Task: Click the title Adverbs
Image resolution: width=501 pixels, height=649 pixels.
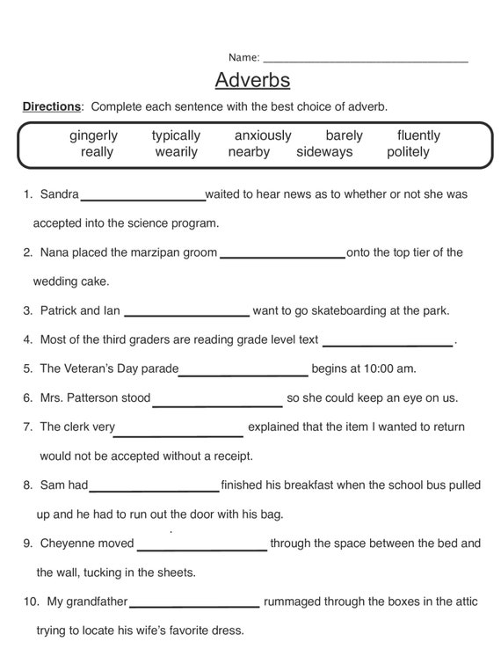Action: (x=252, y=81)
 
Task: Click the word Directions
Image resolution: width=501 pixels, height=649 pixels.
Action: (x=51, y=106)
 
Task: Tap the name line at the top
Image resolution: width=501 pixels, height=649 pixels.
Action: (x=365, y=60)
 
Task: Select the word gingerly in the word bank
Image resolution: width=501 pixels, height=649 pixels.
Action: (x=93, y=135)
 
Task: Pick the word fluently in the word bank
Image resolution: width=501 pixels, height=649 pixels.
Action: (x=418, y=135)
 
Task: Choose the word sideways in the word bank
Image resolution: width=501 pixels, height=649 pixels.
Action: (x=324, y=152)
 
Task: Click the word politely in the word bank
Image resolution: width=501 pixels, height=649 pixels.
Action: (x=408, y=152)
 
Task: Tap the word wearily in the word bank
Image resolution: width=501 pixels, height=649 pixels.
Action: (x=177, y=152)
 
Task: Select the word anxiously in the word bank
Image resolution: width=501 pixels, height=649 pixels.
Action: (x=263, y=135)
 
